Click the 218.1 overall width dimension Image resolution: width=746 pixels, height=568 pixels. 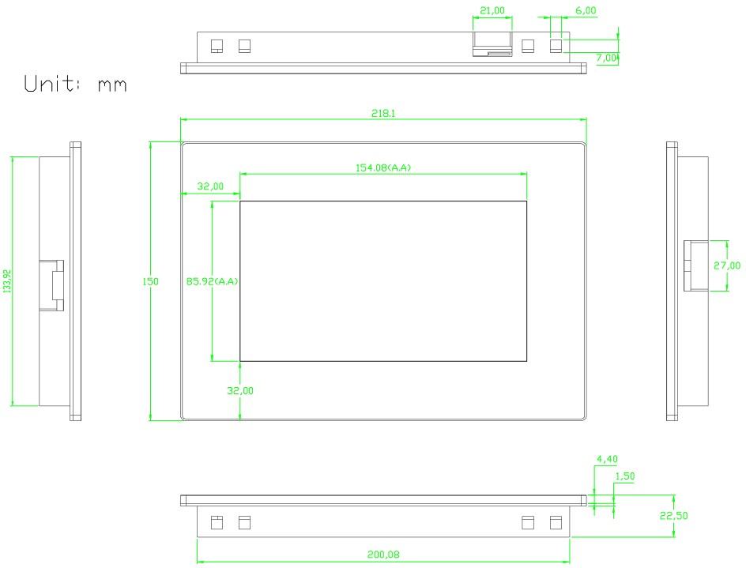click(383, 114)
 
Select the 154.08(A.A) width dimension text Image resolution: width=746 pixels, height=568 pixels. click(383, 167)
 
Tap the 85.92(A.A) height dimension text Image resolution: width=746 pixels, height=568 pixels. click(213, 281)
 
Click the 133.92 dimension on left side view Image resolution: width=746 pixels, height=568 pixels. click(8, 281)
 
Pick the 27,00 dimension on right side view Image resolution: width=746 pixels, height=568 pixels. click(727, 265)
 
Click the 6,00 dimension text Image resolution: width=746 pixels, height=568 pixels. click(586, 11)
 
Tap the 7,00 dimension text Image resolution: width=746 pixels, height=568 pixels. click(607, 58)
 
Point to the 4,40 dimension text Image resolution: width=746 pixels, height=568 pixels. click(607, 458)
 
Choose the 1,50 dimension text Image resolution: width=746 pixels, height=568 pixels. click(624, 476)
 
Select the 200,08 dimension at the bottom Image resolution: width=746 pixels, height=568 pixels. click(383, 555)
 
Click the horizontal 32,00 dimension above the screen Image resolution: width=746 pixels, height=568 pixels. click(210, 186)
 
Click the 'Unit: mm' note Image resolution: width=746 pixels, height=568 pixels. click(75, 84)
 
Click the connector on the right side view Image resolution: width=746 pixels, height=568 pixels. click(695, 265)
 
